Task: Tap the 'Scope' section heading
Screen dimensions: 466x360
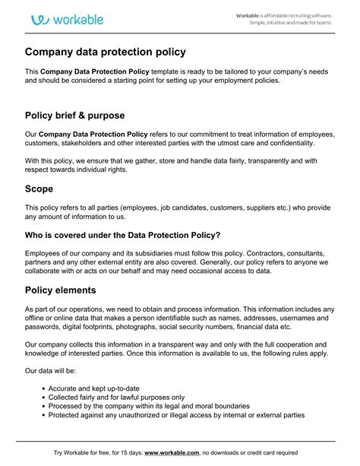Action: pos(39,188)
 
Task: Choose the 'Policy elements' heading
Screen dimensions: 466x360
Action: pos(71,290)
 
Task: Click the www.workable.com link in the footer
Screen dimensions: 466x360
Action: pos(172,453)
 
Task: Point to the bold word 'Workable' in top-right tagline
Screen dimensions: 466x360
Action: pos(248,15)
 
